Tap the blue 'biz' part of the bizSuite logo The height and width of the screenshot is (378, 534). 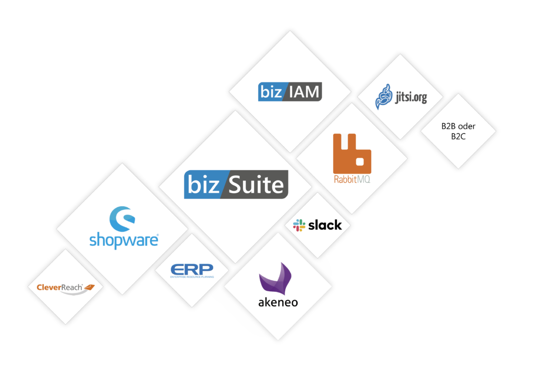(202, 185)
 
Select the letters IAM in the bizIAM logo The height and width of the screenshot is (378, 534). (304, 92)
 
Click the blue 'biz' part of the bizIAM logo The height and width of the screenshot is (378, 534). (271, 92)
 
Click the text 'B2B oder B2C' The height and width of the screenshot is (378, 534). (458, 131)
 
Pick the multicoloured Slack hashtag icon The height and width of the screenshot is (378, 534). (299, 225)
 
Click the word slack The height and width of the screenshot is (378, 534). (325, 225)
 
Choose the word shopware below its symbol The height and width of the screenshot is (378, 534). (124, 240)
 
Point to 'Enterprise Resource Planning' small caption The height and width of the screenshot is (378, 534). (192, 277)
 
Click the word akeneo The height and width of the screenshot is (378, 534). (278, 302)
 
